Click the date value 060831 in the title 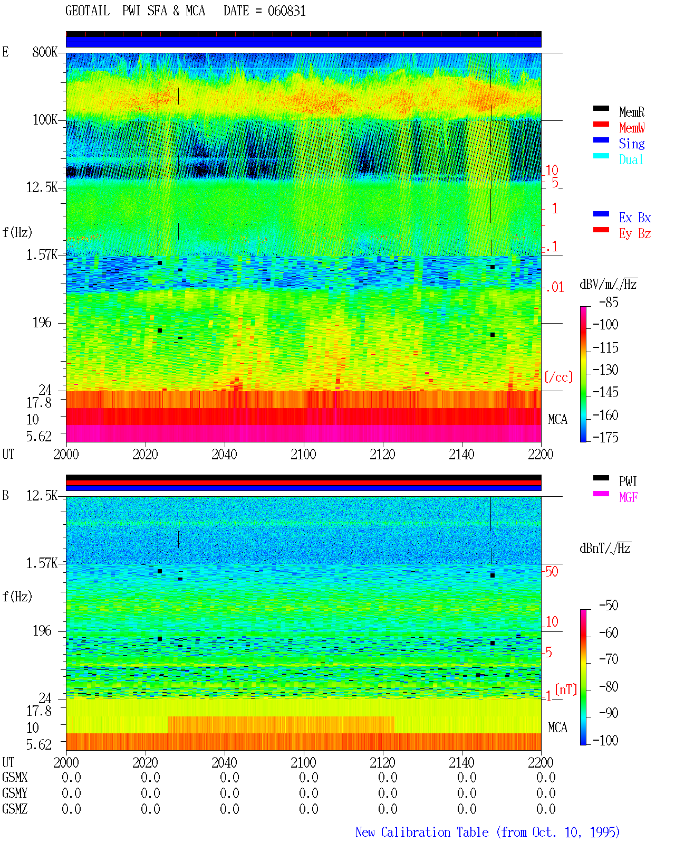(286, 11)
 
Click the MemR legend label (631, 112)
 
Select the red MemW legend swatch (601, 124)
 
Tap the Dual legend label (631, 159)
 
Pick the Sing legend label (631, 144)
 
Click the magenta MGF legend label (628, 497)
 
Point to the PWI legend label (628, 481)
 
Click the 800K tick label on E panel (45, 52)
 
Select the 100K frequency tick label (45, 120)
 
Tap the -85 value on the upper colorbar (609, 302)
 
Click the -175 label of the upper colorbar (605, 437)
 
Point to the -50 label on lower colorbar (609, 606)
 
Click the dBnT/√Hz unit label (605, 548)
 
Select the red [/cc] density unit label (558, 377)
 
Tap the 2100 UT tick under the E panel (303, 454)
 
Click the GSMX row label (15, 777)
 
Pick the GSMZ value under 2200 (546, 809)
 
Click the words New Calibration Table (422, 832)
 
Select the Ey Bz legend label (635, 234)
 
